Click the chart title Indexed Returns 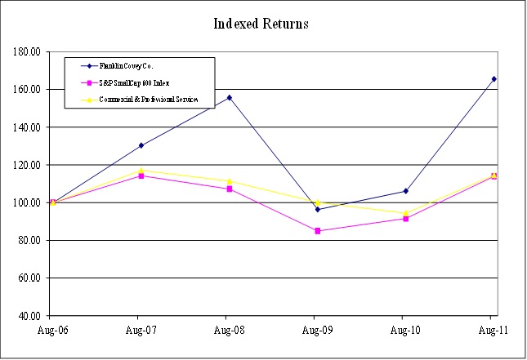(261, 23)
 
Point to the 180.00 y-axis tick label (27, 51)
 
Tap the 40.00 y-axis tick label (27, 315)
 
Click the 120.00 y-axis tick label (27, 165)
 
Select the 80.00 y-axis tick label (27, 240)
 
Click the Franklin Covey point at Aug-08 (229, 97)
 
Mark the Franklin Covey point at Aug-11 (494, 79)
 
